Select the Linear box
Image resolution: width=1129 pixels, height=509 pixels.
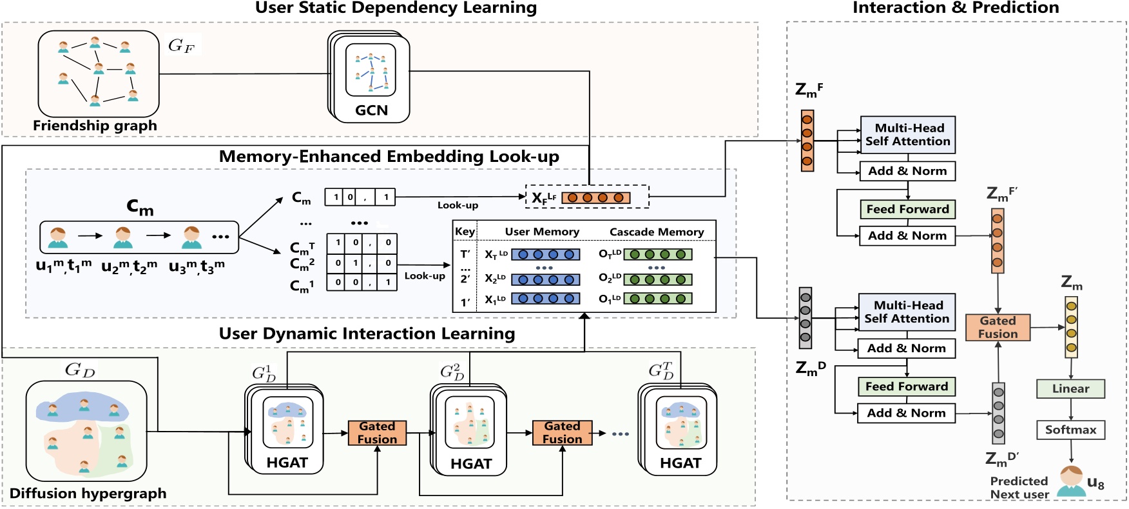click(1070, 388)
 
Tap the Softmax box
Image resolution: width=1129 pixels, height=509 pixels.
click(1070, 430)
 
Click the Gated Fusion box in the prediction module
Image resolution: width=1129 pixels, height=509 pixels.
click(998, 327)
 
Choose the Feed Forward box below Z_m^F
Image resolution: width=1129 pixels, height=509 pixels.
click(907, 209)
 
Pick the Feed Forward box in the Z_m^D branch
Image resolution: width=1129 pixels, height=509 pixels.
click(906, 386)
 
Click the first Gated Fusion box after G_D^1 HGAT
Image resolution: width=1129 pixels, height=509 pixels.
click(377, 432)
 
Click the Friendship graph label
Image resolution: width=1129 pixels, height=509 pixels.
click(95, 126)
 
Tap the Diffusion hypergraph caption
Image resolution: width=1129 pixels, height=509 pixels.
click(88, 494)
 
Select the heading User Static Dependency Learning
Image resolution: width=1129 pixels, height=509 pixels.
click(396, 8)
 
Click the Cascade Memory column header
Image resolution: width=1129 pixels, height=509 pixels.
click(656, 232)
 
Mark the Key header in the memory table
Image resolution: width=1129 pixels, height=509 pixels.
click(465, 232)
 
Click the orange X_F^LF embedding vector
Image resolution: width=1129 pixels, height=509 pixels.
click(595, 197)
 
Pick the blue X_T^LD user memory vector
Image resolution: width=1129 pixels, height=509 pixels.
click(545, 255)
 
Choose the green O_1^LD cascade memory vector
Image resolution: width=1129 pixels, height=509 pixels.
click(657, 299)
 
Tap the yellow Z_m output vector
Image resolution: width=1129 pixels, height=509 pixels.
click(1071, 326)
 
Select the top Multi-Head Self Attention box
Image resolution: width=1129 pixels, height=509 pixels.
click(907, 134)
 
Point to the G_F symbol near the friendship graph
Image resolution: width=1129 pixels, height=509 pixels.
click(181, 45)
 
